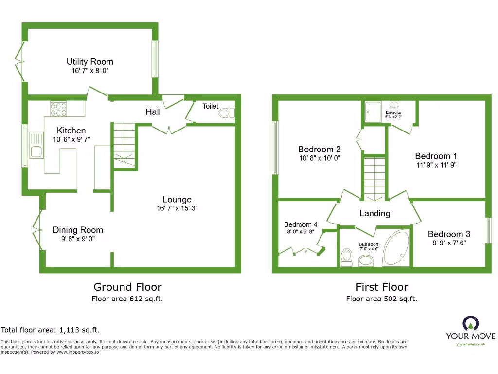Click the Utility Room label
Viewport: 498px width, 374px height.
pyautogui.click(x=90, y=62)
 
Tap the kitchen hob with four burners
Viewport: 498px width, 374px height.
pyautogui.click(x=58, y=109)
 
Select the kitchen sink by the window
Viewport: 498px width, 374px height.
pyautogui.click(x=36, y=145)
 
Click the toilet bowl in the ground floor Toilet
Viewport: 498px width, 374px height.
pyautogui.click(x=225, y=113)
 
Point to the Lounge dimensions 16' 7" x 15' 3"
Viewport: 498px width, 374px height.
pyautogui.click(x=177, y=208)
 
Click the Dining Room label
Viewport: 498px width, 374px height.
pyautogui.click(x=78, y=230)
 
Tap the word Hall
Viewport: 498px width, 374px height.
pyautogui.click(x=153, y=112)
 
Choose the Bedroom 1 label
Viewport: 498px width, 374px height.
pyautogui.click(x=436, y=156)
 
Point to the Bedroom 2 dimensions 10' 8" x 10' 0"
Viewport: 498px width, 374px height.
pyautogui.click(x=319, y=158)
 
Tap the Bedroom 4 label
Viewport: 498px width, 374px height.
pyautogui.click(x=301, y=224)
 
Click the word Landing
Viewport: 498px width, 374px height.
pyautogui.click(x=374, y=213)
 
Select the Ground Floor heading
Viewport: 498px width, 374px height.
pyautogui.click(x=127, y=287)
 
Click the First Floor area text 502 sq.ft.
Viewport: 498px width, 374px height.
pyautogui.click(x=381, y=299)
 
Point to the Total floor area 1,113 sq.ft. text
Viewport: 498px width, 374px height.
pyautogui.click(x=51, y=330)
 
